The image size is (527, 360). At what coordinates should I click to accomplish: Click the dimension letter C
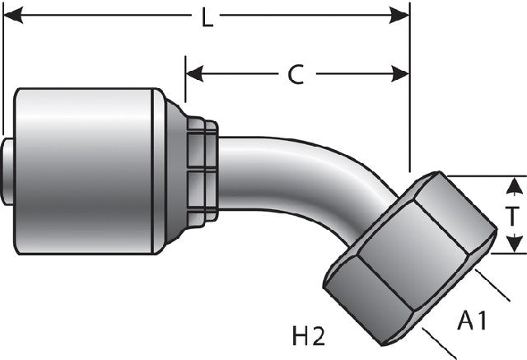coord(296,74)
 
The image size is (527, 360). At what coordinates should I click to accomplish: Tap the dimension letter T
coord(512,216)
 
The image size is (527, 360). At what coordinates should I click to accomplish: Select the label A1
coord(472,320)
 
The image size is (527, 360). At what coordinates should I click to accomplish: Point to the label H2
coord(309,336)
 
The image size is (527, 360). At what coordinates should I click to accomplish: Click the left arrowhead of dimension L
coord(13,15)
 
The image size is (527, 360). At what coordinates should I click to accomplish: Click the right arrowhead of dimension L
coord(399,16)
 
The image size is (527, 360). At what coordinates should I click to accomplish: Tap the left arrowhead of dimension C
coord(194,73)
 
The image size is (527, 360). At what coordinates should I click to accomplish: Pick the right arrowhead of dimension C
coord(400,73)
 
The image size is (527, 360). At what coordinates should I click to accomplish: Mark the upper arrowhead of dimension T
coord(513,186)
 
